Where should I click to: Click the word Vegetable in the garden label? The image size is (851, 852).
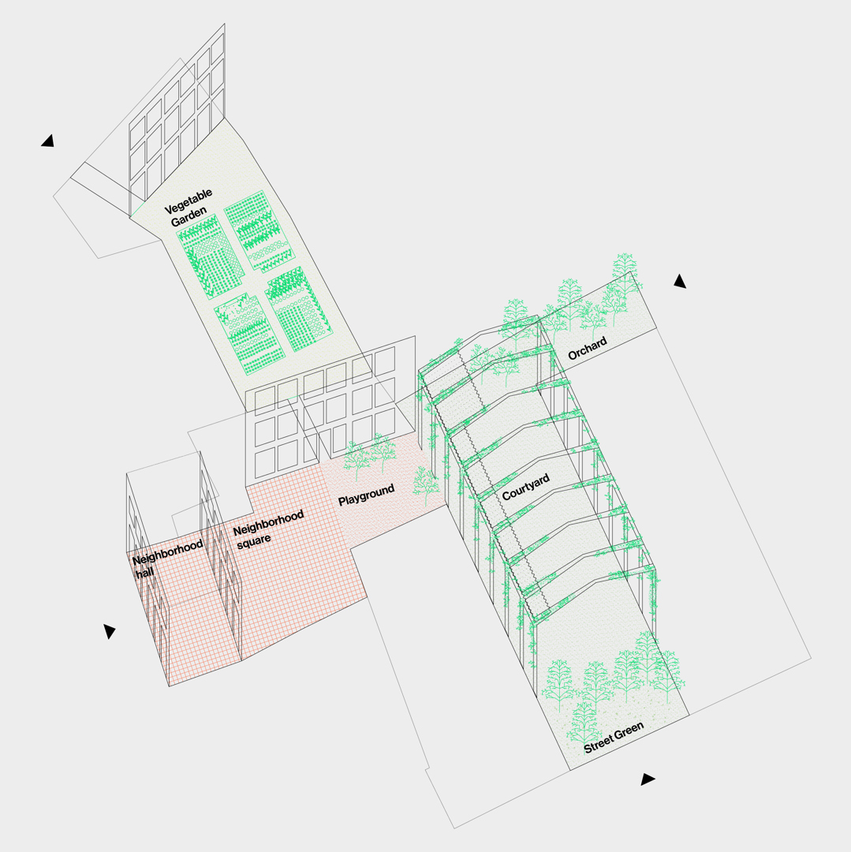click(x=188, y=201)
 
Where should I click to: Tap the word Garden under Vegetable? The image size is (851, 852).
click(x=188, y=217)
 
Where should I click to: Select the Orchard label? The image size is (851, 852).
click(x=587, y=349)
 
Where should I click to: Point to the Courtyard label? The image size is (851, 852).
click(x=526, y=487)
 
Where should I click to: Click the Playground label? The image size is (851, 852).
click(x=366, y=495)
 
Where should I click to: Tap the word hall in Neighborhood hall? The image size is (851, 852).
click(x=144, y=573)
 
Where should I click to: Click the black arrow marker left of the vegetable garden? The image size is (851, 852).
click(x=48, y=141)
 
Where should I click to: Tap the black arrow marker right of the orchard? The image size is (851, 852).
click(x=679, y=281)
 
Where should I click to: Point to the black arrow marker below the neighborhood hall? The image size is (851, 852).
click(x=109, y=631)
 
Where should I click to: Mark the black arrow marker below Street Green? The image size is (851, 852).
click(x=648, y=779)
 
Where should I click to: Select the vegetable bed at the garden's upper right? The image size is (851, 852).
click(x=259, y=230)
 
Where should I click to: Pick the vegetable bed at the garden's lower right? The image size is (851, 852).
click(x=299, y=308)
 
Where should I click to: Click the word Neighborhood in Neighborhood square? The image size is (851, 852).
click(x=268, y=523)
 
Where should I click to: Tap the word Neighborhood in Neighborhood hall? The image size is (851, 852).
click(x=168, y=553)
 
